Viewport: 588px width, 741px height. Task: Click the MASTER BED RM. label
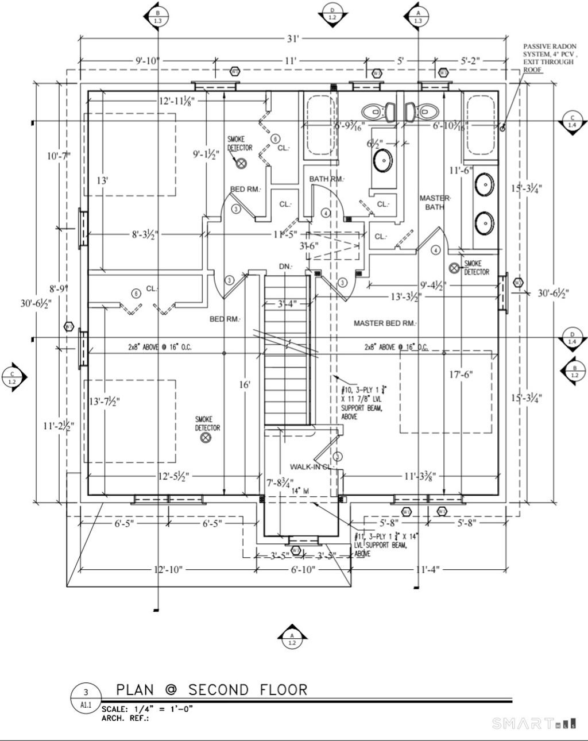[x=384, y=323]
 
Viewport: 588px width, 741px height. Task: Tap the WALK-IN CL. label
[x=311, y=466]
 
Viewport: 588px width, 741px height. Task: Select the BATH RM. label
[x=327, y=179]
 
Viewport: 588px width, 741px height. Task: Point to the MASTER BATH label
[x=435, y=202]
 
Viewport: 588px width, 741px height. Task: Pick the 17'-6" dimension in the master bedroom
[x=460, y=375]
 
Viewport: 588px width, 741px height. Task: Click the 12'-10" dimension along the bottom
[x=168, y=569]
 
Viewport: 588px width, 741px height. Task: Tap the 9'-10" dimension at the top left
[x=148, y=60]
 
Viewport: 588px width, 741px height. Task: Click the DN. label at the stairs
[x=285, y=267]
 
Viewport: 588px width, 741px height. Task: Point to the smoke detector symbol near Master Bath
[x=454, y=267]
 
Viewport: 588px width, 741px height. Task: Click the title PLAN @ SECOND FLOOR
[x=211, y=689]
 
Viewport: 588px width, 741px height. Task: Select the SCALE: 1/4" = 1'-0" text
[x=147, y=709]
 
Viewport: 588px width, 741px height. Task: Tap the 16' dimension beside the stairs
[x=245, y=384]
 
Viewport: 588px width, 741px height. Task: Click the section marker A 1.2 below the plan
[x=292, y=638]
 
